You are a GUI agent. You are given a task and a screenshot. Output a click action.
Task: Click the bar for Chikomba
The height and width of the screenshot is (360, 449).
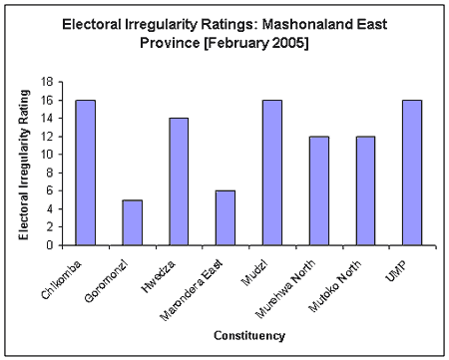pos(85,173)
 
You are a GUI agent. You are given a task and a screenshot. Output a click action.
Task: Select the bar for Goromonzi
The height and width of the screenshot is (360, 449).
pos(132,222)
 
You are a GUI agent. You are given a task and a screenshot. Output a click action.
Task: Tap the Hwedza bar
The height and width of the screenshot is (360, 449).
pos(179,181)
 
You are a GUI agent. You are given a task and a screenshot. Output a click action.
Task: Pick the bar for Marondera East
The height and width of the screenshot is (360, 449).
pos(224,217)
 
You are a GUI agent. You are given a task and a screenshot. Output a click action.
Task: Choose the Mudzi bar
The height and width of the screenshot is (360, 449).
pos(271,173)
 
